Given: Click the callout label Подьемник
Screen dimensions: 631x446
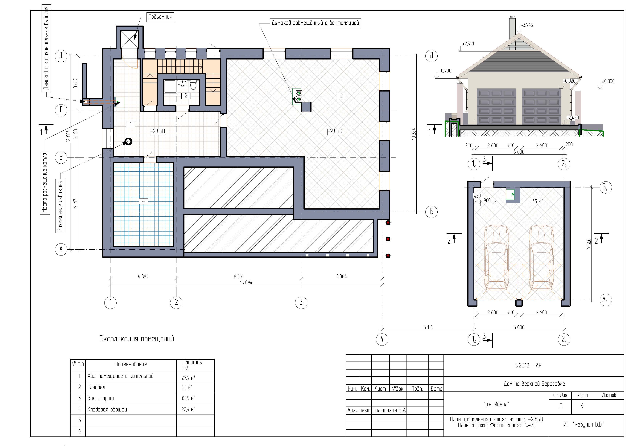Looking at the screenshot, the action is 160,17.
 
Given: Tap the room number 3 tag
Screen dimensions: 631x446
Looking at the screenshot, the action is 341,96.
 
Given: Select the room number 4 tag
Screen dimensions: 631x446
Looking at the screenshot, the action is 143,201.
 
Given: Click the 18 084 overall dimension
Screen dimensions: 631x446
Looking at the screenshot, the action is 246,283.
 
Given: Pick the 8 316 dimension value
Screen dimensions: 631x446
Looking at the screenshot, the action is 239,276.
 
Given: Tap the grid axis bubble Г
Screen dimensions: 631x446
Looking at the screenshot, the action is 61,110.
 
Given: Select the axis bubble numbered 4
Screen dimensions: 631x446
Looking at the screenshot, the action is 382,339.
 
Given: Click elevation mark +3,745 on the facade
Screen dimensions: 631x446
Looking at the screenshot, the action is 527,25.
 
